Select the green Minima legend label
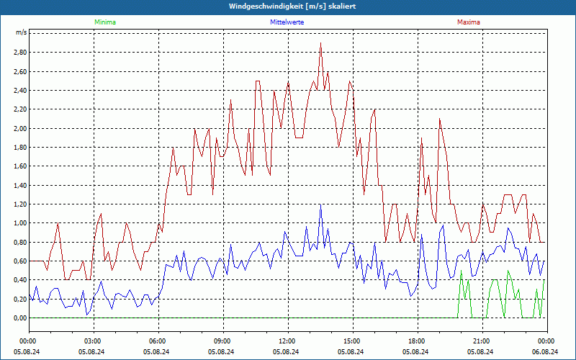pyautogui.click(x=104, y=22)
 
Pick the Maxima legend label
pyautogui.click(x=468, y=22)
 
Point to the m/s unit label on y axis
pyautogui.click(x=21, y=33)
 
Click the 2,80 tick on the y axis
pyautogui.click(x=19, y=53)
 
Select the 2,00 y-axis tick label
pyautogui.click(x=19, y=129)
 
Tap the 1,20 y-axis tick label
pyautogui.click(x=19, y=204)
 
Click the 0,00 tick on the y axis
pyautogui.click(x=19, y=318)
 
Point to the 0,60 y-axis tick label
pyautogui.click(x=19, y=261)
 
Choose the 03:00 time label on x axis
pyautogui.click(x=93, y=341)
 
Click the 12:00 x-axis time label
pyautogui.click(x=287, y=341)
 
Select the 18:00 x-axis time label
pyautogui.click(x=417, y=341)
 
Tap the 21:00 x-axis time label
pyautogui.click(x=482, y=341)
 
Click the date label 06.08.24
pyautogui.click(x=546, y=352)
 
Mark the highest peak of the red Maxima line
pyautogui.click(x=320, y=43)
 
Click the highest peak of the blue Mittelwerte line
pyautogui.click(x=320, y=205)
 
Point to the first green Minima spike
pyautogui.click(x=460, y=271)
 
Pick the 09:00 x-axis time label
pyautogui.click(x=222, y=341)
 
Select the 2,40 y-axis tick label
pyautogui.click(x=19, y=91)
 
